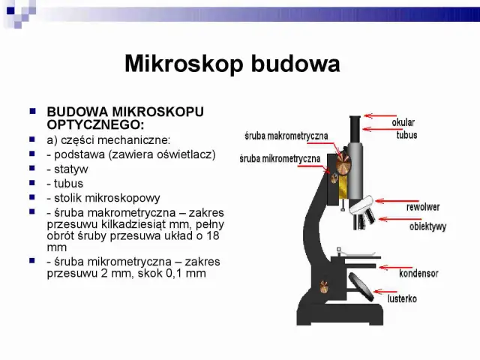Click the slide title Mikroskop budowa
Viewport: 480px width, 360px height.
(x=232, y=64)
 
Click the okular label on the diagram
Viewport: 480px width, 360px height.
(x=403, y=122)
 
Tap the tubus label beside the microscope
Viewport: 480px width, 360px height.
(x=406, y=135)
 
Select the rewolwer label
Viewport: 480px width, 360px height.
(x=423, y=206)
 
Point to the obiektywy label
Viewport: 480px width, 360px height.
(x=427, y=226)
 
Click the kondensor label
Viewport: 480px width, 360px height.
(x=418, y=274)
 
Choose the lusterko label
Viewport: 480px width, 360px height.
(x=402, y=298)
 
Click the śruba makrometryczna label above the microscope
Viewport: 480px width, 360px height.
(x=286, y=136)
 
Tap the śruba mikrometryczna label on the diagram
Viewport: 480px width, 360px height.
(x=280, y=158)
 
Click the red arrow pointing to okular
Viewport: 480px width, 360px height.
(x=377, y=116)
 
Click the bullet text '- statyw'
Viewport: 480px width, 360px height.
(x=67, y=169)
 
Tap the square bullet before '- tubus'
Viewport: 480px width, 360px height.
(x=32, y=182)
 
